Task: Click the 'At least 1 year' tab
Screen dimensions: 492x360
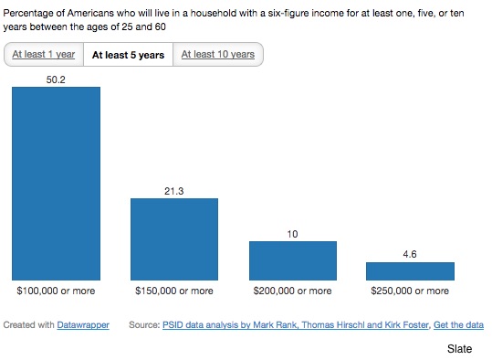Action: pos(44,54)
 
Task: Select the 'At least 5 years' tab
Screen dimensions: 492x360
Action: pos(128,55)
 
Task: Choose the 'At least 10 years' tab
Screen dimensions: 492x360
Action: pos(218,54)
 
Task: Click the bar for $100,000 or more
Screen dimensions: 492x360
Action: pos(57,184)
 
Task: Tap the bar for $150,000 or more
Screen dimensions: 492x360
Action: pos(174,239)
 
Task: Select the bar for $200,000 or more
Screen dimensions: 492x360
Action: pos(293,260)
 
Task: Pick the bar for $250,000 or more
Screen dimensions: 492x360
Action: pos(410,271)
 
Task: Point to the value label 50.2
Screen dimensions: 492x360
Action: pos(56,79)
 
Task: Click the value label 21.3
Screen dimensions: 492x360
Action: pos(174,191)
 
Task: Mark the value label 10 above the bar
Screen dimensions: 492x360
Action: pos(292,234)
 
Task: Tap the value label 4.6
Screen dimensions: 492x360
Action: pos(410,254)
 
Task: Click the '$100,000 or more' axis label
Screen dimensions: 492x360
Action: pos(56,291)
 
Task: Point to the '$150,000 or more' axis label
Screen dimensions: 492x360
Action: pos(174,291)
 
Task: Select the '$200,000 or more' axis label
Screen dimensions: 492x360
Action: pos(292,291)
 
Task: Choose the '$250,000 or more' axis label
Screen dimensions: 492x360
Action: pos(410,291)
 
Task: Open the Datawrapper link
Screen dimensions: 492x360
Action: pos(83,324)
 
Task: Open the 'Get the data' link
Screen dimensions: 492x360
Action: pos(458,324)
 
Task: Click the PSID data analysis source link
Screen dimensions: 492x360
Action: pos(296,324)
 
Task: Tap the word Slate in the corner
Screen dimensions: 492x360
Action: pos(459,349)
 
